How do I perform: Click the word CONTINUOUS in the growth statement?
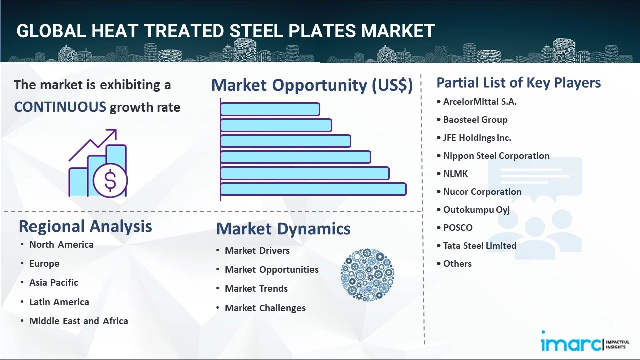pyautogui.click(x=60, y=107)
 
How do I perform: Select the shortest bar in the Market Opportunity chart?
pyautogui.click(x=270, y=109)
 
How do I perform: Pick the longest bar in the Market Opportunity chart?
pyautogui.click(x=313, y=189)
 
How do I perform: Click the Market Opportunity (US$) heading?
pyautogui.click(x=312, y=85)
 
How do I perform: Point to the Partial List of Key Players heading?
pyautogui.click(x=518, y=82)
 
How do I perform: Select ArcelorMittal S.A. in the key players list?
pyautogui.click(x=480, y=102)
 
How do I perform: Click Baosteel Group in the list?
pyautogui.click(x=475, y=120)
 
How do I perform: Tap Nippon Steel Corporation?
pyautogui.click(x=496, y=156)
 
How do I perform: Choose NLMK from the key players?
pyautogui.click(x=456, y=174)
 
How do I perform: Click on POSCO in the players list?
pyautogui.click(x=458, y=228)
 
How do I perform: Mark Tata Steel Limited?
pyautogui.click(x=480, y=246)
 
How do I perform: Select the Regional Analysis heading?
pyautogui.click(x=85, y=226)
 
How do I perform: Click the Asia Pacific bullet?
pyautogui.click(x=54, y=283)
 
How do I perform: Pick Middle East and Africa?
pyautogui.click(x=79, y=321)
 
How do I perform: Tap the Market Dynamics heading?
pyautogui.click(x=283, y=229)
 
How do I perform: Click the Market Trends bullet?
pyautogui.click(x=256, y=289)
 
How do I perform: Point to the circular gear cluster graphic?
pyautogui.click(x=367, y=275)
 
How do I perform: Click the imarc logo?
pyautogui.click(x=571, y=344)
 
